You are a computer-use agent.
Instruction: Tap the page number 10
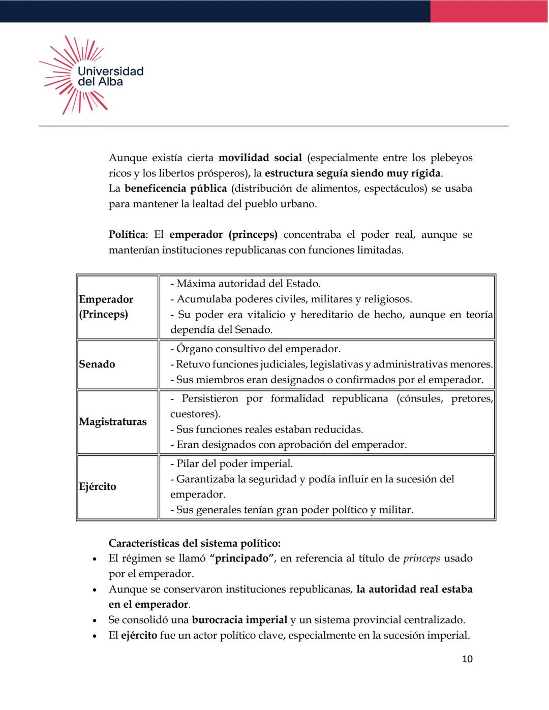click(467, 659)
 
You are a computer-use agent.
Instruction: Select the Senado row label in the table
click(97, 364)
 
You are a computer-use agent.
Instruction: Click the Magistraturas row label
click(112, 422)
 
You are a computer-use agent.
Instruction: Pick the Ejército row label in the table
click(98, 487)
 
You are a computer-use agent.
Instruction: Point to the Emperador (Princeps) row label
click(106, 306)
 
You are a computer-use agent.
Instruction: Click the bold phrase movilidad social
click(260, 158)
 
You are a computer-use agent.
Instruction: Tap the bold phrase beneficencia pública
click(175, 189)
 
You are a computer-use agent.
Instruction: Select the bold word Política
click(127, 235)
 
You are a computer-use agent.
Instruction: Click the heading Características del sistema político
click(194, 543)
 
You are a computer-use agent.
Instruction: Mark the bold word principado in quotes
click(241, 559)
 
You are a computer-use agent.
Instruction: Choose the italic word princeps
click(421, 559)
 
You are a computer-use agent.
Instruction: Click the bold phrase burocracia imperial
click(239, 620)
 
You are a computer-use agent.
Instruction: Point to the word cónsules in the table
click(420, 399)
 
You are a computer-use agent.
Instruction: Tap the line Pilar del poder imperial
click(234, 464)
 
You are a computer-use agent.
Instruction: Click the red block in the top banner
click(489, 11)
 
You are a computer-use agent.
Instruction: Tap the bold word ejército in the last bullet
click(139, 636)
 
